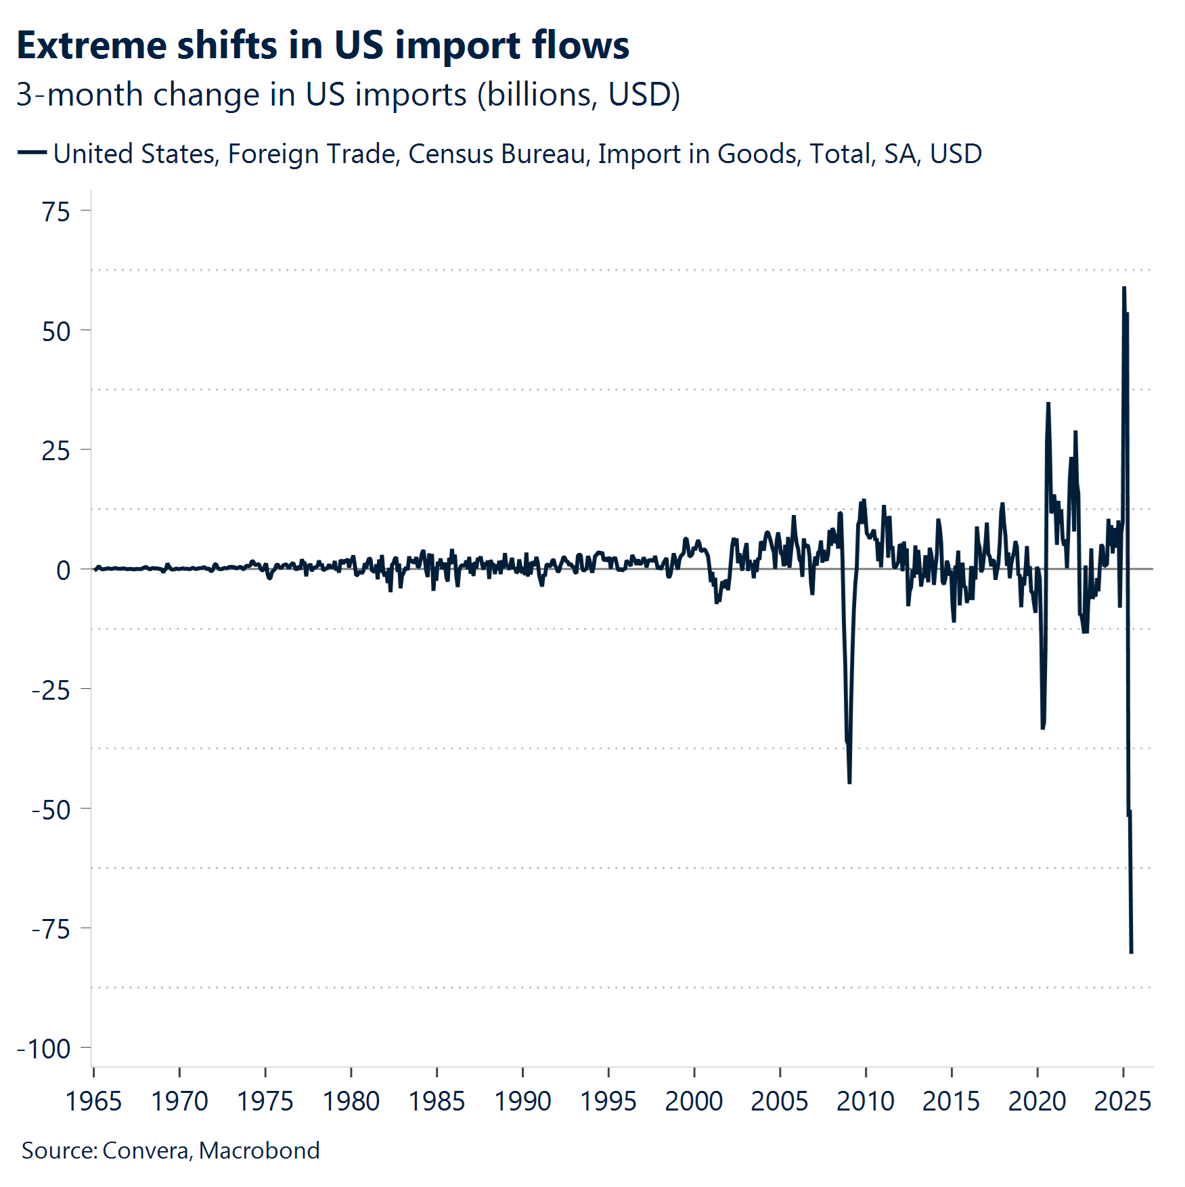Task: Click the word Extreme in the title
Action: pyautogui.click(x=91, y=46)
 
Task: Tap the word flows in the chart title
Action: pyautogui.click(x=580, y=46)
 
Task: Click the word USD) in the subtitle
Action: pyautogui.click(x=644, y=95)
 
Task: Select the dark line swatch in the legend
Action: pyautogui.click(x=32, y=153)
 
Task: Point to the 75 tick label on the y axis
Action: pyautogui.click(x=56, y=212)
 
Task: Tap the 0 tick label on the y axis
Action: pyautogui.click(x=63, y=570)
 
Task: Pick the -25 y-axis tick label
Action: pyautogui.click(x=51, y=690)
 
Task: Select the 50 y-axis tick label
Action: pyautogui.click(x=56, y=332)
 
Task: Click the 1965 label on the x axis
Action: pyautogui.click(x=93, y=1102)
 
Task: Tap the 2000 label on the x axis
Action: pyautogui.click(x=694, y=1102)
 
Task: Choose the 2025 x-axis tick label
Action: pyautogui.click(x=1122, y=1102)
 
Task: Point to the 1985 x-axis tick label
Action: pyautogui.click(x=437, y=1102)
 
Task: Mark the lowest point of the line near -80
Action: pyautogui.click(x=1131, y=951)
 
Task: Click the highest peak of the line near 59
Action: pyautogui.click(x=1123, y=288)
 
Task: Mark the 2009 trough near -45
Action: pyautogui.click(x=849, y=782)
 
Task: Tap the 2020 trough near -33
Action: pyautogui.click(x=1043, y=727)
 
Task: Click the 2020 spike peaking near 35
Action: pyautogui.click(x=1048, y=404)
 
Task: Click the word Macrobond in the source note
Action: pyautogui.click(x=259, y=1150)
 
